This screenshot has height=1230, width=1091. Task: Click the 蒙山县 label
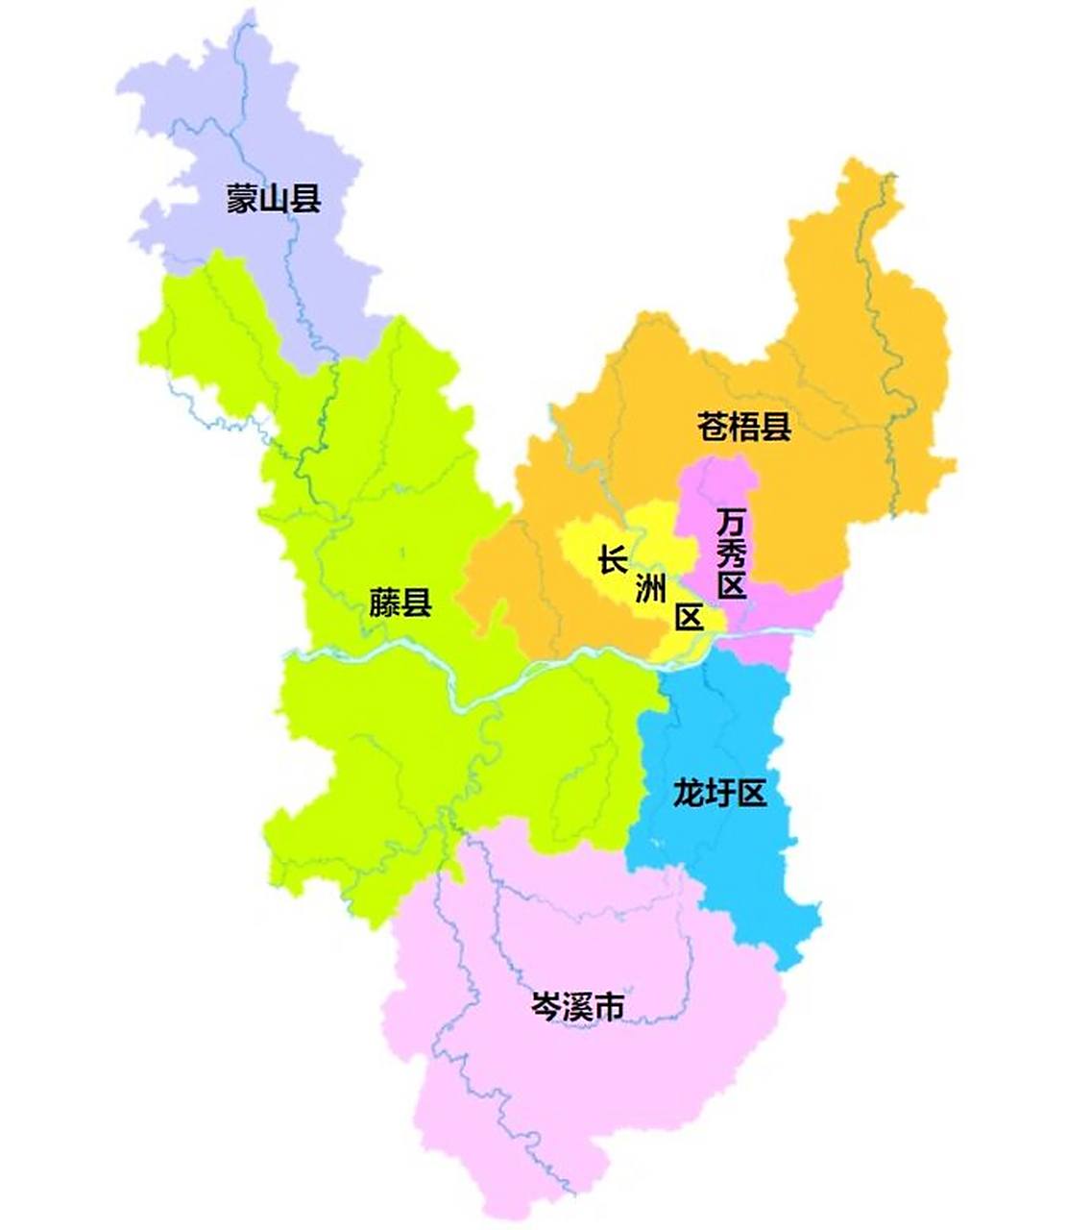[x=274, y=199]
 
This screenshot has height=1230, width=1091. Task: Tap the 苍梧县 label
[x=744, y=426]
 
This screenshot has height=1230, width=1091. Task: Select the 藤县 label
[x=400, y=603]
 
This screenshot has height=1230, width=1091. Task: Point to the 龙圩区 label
[x=719, y=794]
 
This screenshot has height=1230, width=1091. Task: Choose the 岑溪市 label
[x=578, y=1006]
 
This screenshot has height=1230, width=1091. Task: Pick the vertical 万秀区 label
[x=732, y=554]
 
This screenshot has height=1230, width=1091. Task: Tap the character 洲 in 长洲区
[x=650, y=589]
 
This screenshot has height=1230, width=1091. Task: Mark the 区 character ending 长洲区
[x=689, y=618]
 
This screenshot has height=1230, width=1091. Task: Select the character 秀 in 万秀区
[x=732, y=554]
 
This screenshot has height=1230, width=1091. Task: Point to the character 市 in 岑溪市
[x=610, y=1006]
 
